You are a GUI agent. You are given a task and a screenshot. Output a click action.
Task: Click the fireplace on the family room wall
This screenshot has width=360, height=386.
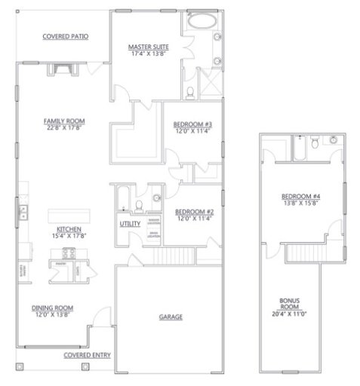pyautogui.click(x=61, y=69)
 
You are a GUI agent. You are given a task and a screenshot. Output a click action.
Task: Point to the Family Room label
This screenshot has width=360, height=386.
pyautogui.click(x=63, y=120)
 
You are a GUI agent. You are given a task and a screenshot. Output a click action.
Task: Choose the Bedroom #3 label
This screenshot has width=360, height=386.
pyautogui.click(x=192, y=124)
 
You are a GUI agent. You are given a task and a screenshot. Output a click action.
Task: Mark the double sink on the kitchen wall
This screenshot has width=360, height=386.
pyautogui.click(x=23, y=212)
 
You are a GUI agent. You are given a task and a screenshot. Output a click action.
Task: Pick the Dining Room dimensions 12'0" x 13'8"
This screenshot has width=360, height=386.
pyautogui.click(x=52, y=314)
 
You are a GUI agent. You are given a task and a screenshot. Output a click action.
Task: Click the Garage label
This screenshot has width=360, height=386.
pyautogui.click(x=171, y=317)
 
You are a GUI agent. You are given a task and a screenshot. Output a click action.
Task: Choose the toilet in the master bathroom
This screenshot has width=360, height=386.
pyautogui.click(x=192, y=93)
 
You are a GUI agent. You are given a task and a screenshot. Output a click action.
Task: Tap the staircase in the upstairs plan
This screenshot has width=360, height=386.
pyautogui.click(x=305, y=253)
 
